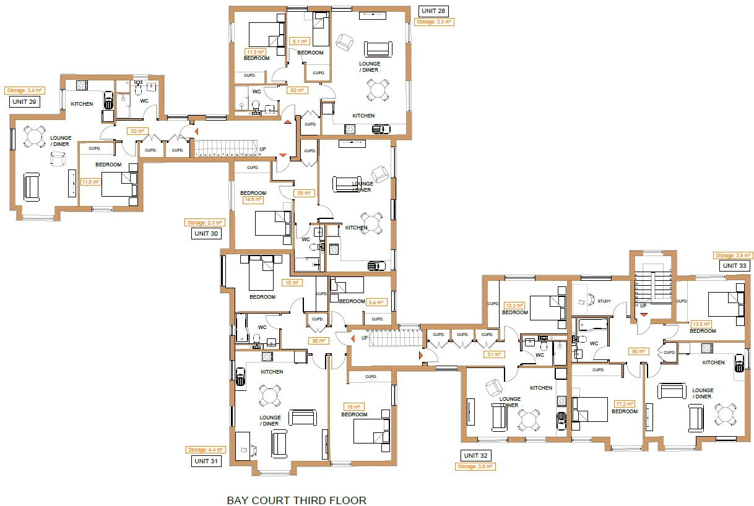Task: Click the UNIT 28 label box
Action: pyautogui.click(x=433, y=11)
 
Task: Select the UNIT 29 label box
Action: pyautogui.click(x=24, y=101)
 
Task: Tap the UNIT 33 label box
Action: pyautogui.click(x=735, y=265)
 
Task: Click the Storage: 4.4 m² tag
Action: pyautogui.click(x=205, y=450)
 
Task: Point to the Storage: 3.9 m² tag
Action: pyautogui.click(x=733, y=255)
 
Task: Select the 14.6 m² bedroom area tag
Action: pyautogui.click(x=254, y=200)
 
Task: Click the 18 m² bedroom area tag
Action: pyautogui.click(x=353, y=407)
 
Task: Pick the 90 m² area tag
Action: pyautogui.click(x=318, y=340)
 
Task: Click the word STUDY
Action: pyautogui.click(x=604, y=301)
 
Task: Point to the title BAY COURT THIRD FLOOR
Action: pyautogui.click(x=297, y=500)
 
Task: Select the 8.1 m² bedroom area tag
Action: pyautogui.click(x=300, y=42)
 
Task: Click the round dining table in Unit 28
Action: pyautogui.click(x=378, y=90)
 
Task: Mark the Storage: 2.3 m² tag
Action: pyautogui.click(x=204, y=223)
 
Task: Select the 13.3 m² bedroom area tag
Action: pyautogui.click(x=514, y=306)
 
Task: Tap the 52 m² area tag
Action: pyautogui.click(x=136, y=131)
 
